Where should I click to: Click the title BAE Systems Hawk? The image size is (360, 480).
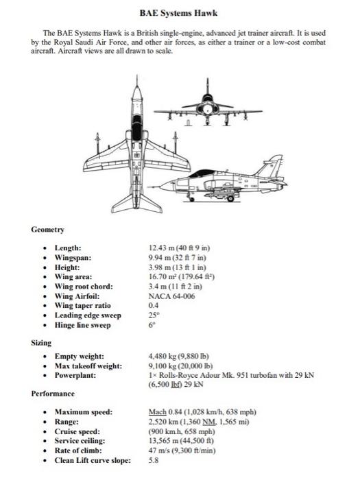click(180, 13)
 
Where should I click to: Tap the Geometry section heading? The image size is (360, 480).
click(47, 228)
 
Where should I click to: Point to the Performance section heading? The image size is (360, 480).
click(53, 394)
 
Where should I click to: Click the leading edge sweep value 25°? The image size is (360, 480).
click(153, 315)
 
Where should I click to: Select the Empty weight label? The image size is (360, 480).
click(80, 357)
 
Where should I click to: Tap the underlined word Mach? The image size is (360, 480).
click(158, 412)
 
